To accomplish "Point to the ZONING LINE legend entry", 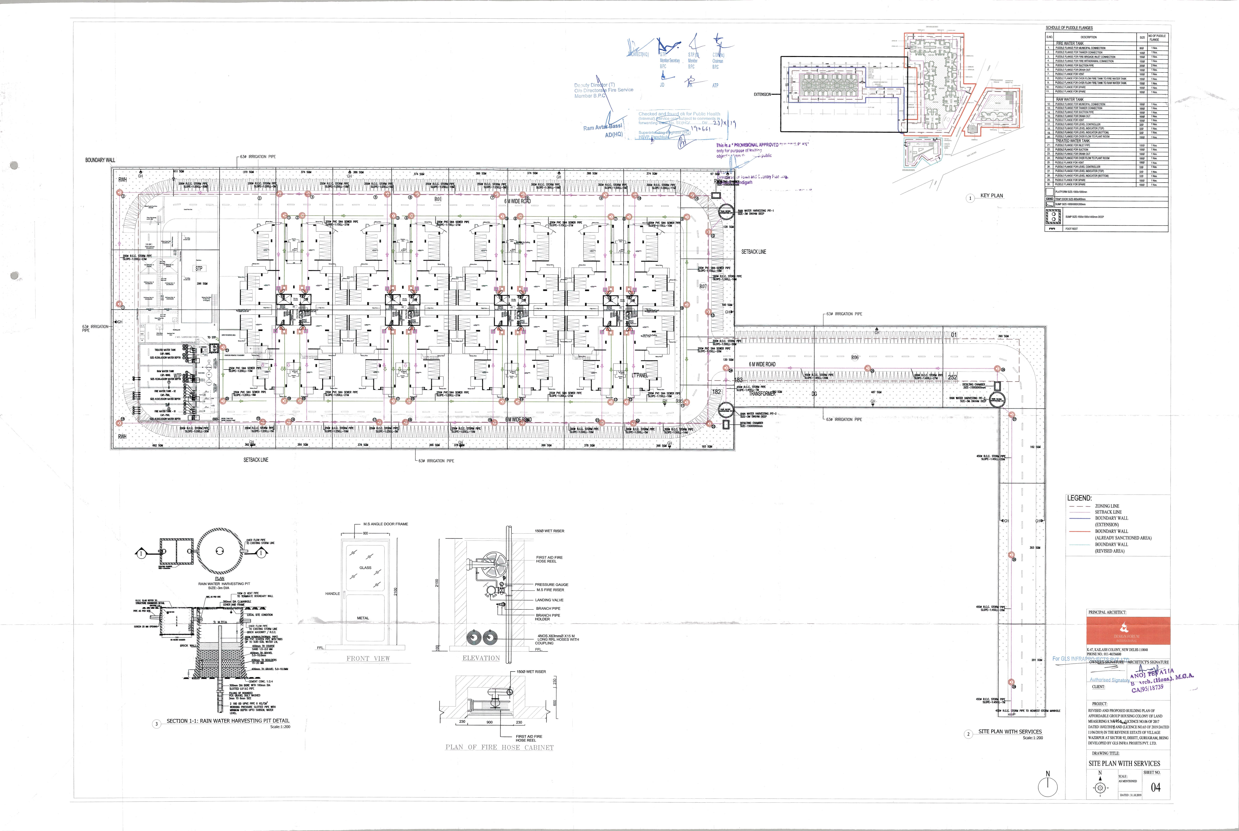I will pyautogui.click(x=1107, y=506).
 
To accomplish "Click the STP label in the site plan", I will pyautogui.click(x=199, y=269).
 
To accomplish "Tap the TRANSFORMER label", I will pyautogui.click(x=762, y=394).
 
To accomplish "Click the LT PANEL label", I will pyautogui.click(x=640, y=375).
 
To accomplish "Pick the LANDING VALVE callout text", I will pyautogui.click(x=550, y=600).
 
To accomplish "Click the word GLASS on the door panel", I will pyautogui.click(x=365, y=568).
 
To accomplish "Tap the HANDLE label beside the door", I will pyautogui.click(x=333, y=594).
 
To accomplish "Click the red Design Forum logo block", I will pyautogui.click(x=1128, y=631).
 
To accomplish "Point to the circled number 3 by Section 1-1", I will pyautogui.click(x=156, y=724).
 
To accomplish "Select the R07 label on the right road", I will pyautogui.click(x=703, y=286).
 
